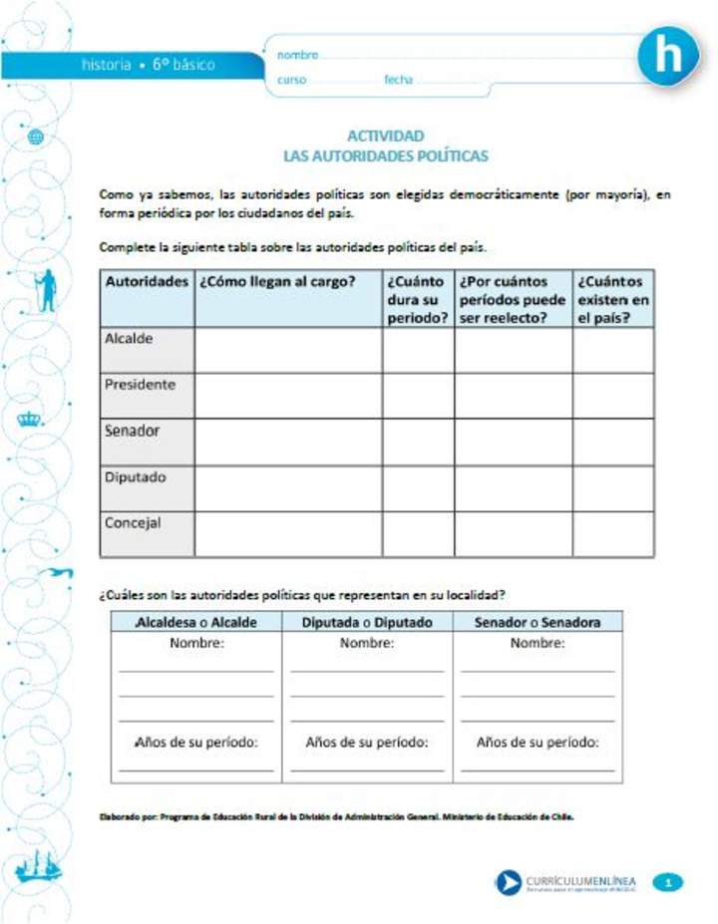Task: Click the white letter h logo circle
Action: click(669, 57)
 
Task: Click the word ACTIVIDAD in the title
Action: click(385, 136)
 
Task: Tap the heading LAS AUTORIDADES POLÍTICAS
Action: click(385, 156)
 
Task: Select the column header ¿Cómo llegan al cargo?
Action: click(277, 282)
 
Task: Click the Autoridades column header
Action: click(147, 282)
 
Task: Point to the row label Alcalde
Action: click(130, 339)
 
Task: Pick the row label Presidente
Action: click(140, 385)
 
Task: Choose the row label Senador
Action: click(133, 432)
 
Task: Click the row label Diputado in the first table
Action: click(136, 477)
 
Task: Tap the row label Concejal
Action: click(133, 522)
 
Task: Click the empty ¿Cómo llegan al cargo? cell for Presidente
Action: click(288, 396)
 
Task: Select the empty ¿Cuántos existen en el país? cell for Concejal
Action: click(613, 534)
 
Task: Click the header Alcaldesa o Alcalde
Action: click(196, 622)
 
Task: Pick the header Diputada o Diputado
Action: click(367, 622)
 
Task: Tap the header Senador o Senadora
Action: click(538, 622)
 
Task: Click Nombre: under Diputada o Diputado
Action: click(367, 644)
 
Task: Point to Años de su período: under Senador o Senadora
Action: click(538, 743)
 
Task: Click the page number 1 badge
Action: click(669, 881)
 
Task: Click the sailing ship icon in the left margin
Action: click(38, 868)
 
